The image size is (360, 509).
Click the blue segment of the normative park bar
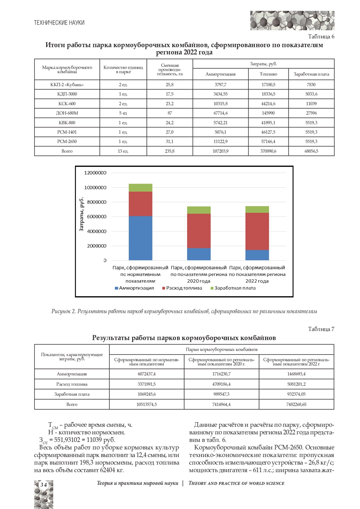click(140, 238)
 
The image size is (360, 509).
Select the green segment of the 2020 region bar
click(199, 210)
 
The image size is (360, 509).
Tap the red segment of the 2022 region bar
click(257, 231)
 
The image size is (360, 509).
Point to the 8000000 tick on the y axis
click(97, 202)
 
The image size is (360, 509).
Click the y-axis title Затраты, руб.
click(81, 214)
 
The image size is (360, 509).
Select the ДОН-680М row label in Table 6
click(67, 113)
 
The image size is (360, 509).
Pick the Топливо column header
click(268, 74)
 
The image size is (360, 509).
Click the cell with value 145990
click(268, 113)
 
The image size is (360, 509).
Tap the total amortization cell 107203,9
click(220, 151)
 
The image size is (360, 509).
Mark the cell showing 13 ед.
click(123, 151)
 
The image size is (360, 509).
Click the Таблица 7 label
click(321, 329)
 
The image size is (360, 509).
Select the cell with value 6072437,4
click(147, 374)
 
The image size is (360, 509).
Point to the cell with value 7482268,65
click(296, 404)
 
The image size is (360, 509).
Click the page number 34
click(43, 485)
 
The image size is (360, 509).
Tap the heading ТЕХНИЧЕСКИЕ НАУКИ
click(59, 23)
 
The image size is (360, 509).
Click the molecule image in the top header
click(292, 20)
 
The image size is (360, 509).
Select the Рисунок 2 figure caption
click(184, 311)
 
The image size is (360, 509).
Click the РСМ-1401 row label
click(67, 132)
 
